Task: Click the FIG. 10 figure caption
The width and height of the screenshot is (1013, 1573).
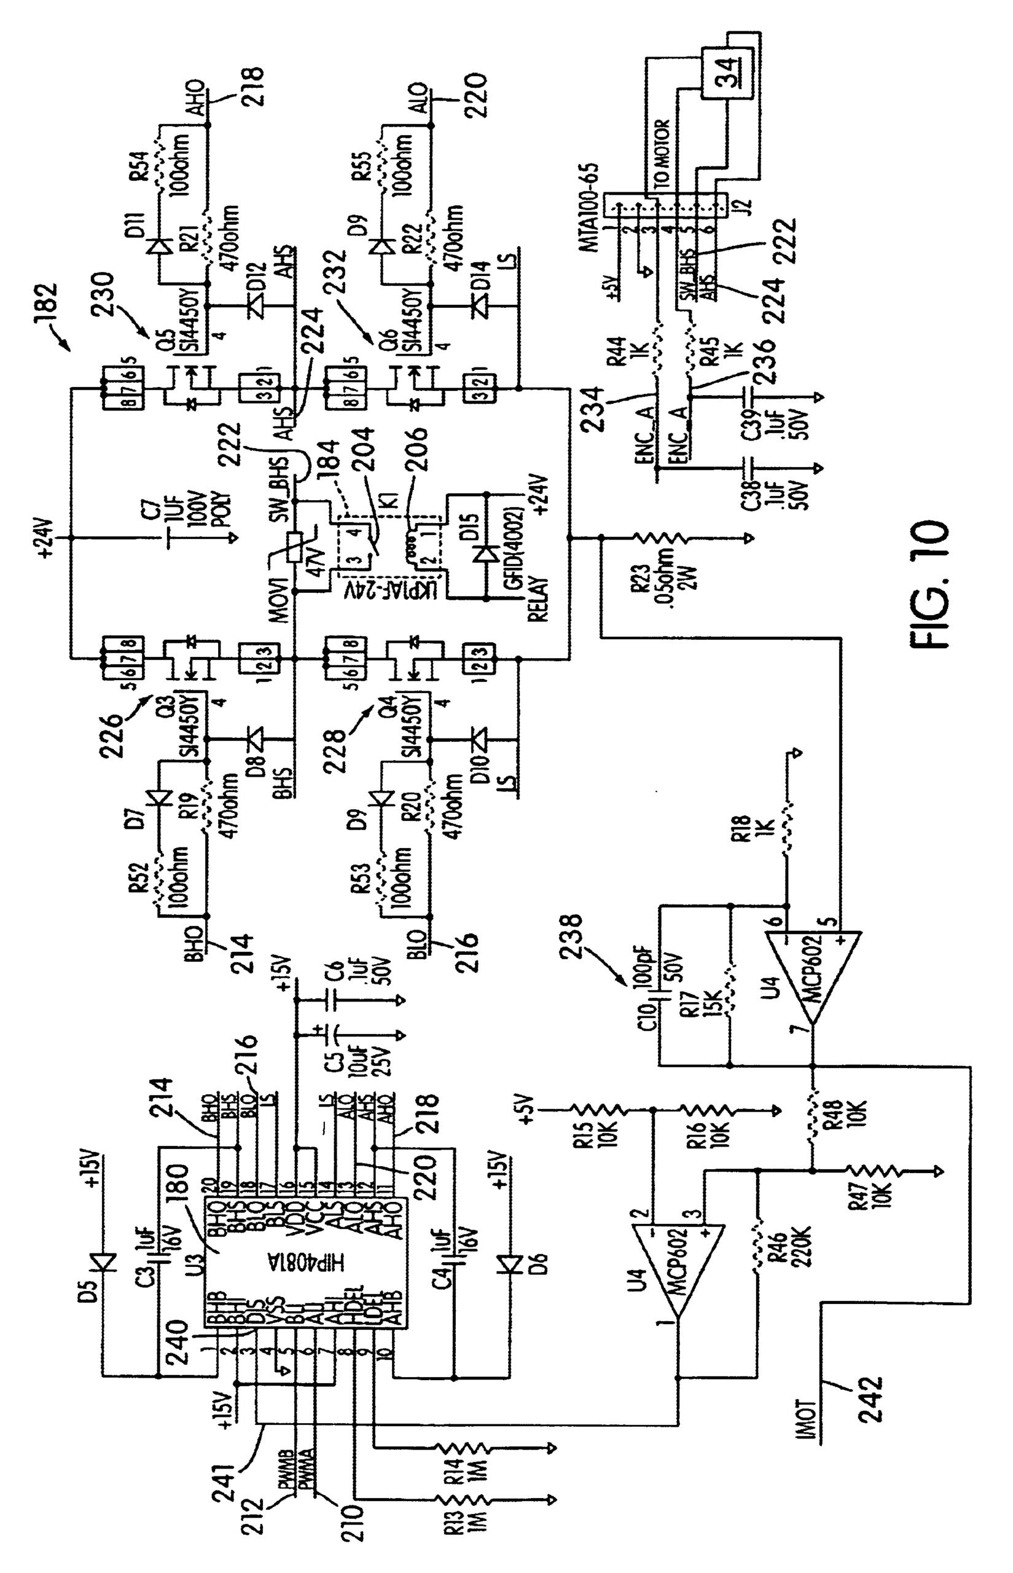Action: pyautogui.click(x=929, y=586)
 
